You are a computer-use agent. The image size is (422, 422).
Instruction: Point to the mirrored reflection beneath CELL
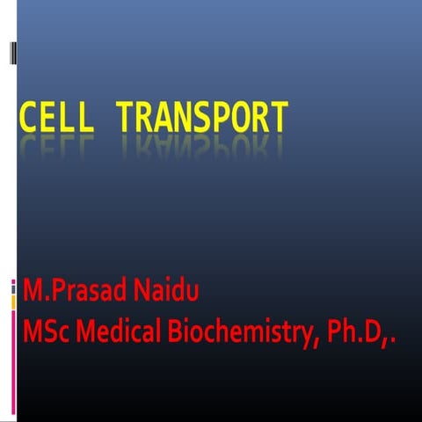click(54, 145)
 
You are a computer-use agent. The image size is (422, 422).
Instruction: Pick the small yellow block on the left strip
click(13, 302)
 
